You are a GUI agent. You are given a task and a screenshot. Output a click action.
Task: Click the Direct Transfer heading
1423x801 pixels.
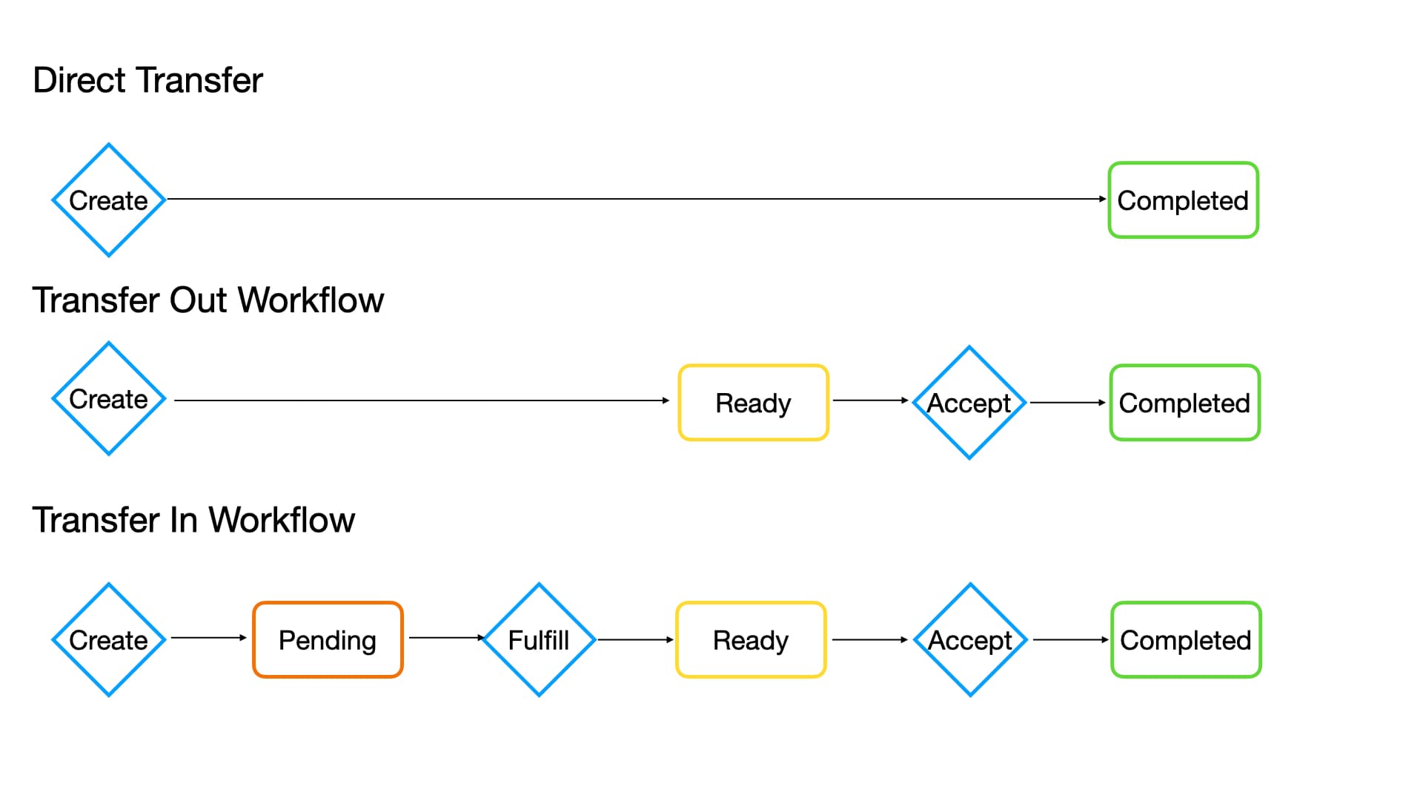[147, 80]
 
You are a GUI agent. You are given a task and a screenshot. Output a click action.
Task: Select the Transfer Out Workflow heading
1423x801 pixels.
[208, 300]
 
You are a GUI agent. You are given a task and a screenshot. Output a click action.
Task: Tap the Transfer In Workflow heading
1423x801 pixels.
[193, 520]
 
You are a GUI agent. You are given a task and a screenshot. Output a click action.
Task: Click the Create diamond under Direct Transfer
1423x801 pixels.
[109, 200]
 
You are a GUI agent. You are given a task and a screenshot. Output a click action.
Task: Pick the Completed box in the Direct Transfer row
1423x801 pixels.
[1183, 200]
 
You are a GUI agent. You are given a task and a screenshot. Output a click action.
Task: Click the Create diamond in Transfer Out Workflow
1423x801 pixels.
[109, 399]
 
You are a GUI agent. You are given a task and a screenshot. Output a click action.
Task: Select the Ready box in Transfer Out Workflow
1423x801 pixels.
[753, 403]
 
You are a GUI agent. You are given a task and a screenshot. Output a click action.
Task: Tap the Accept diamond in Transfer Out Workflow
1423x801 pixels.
[969, 403]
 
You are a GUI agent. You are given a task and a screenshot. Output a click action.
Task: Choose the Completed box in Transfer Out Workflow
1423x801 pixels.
[1184, 403]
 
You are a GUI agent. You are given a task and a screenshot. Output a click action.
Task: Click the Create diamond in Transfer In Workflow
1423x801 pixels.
[109, 640]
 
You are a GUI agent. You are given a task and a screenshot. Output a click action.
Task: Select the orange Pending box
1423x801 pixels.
[328, 640]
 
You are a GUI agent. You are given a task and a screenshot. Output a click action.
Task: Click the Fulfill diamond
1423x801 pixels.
[539, 640]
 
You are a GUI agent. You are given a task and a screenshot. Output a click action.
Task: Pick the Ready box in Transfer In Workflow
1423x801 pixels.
[751, 640]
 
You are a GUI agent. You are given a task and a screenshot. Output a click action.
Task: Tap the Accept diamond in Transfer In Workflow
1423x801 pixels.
[970, 640]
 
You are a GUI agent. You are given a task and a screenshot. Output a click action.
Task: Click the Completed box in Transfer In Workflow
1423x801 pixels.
[1186, 640]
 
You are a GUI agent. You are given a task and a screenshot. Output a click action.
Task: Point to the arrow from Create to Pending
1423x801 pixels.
[208, 637]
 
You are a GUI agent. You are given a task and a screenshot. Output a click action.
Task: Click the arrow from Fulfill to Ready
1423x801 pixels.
[635, 639]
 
